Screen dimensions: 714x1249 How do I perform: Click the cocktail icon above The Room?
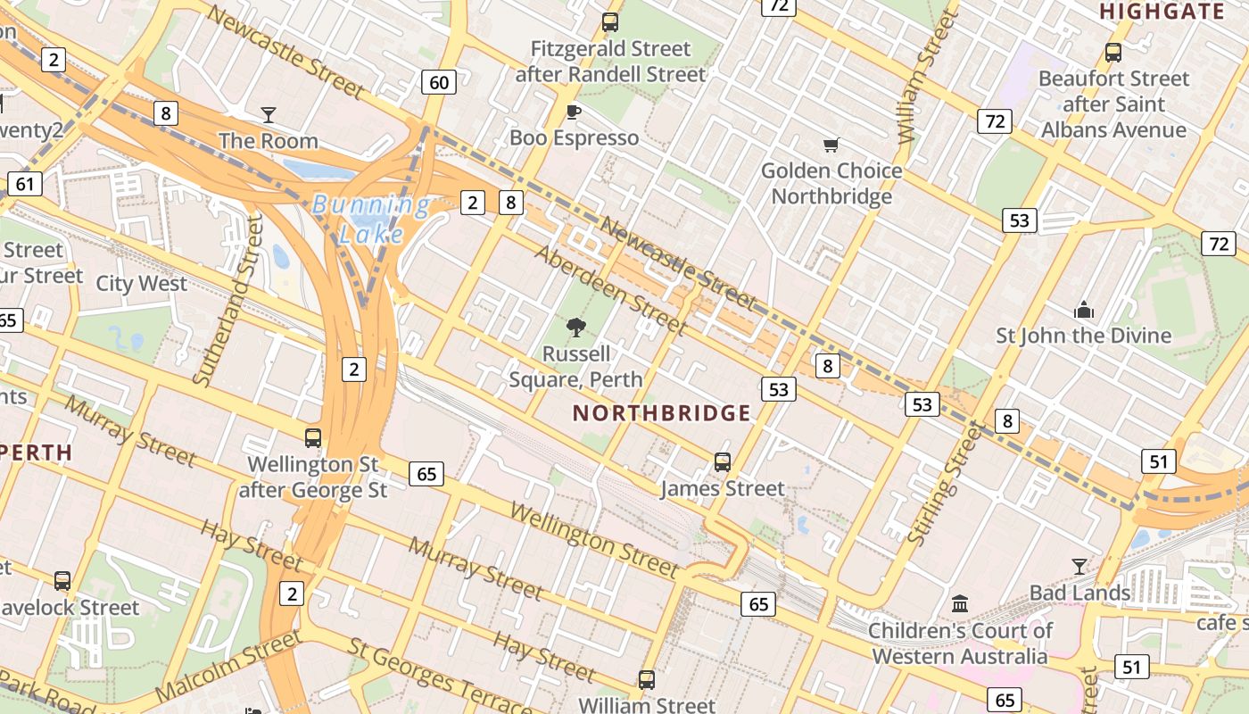click(x=268, y=114)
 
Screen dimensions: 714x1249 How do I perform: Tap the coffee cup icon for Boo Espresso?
click(x=574, y=112)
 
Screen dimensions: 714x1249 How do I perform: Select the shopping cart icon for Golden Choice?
click(x=831, y=145)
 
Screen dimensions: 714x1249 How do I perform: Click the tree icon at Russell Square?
click(x=576, y=328)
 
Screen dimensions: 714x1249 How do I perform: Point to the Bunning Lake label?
click(x=370, y=220)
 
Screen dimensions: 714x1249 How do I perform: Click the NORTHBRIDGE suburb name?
click(x=661, y=413)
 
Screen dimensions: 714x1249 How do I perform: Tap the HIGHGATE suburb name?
click(x=1162, y=12)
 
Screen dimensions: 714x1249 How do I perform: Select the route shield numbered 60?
click(x=439, y=83)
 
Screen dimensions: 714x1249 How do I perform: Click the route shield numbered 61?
click(x=24, y=185)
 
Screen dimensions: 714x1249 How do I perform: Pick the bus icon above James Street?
click(x=723, y=462)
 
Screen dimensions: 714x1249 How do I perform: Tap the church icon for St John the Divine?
click(x=1084, y=310)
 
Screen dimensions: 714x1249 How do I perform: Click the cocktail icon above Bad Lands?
click(x=1079, y=566)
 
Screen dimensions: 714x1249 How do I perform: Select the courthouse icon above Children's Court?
click(x=960, y=603)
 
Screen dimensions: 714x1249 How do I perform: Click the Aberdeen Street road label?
click(x=610, y=289)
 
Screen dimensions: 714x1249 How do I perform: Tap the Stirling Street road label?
click(x=945, y=485)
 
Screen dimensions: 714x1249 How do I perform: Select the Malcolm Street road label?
click(x=228, y=667)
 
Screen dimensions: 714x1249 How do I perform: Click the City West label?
click(x=142, y=284)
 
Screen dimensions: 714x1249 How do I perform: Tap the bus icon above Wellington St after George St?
click(x=313, y=438)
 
